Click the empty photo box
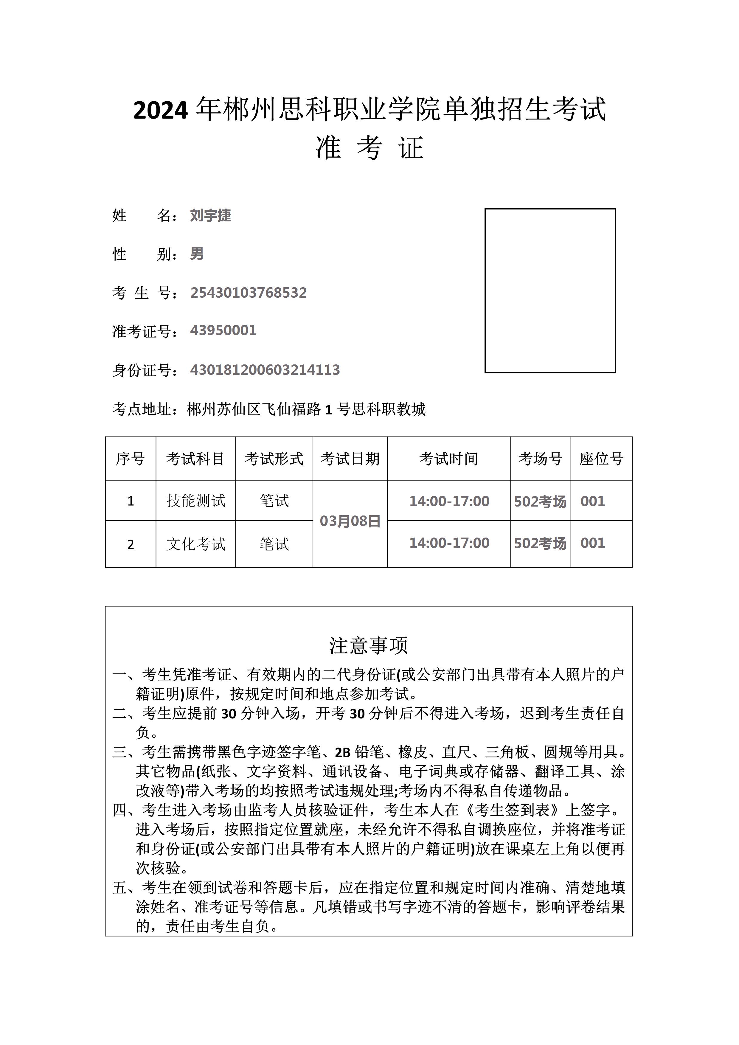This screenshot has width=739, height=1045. click(x=550, y=291)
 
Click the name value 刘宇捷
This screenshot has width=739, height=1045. click(x=210, y=215)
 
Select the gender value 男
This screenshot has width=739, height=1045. click(x=197, y=254)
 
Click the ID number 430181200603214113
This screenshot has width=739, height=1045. click(x=265, y=369)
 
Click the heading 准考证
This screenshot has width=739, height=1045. click(x=369, y=147)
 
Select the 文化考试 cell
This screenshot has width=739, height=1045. click(x=196, y=544)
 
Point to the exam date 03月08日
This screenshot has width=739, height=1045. click(x=350, y=521)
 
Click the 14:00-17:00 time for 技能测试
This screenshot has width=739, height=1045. click(x=449, y=501)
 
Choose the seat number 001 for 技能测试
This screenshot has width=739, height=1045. click(x=592, y=501)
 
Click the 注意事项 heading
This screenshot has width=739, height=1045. click(x=369, y=645)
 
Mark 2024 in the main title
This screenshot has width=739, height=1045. click(x=160, y=110)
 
